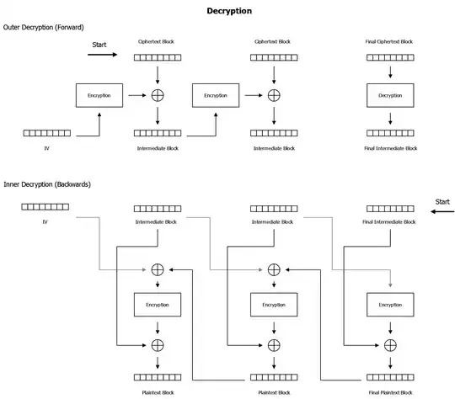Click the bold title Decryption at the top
click(x=228, y=11)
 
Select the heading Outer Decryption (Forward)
click(x=45, y=28)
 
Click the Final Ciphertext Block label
click(x=389, y=41)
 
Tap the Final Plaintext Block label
click(x=389, y=391)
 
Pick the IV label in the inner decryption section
click(x=45, y=221)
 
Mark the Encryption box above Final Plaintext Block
click(x=390, y=306)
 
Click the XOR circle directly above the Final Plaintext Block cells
click(x=390, y=345)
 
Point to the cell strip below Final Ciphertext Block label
click(x=390, y=57)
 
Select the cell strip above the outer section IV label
click(x=46, y=133)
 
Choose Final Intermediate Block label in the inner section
click(x=390, y=221)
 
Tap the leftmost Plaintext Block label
click(x=158, y=391)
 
